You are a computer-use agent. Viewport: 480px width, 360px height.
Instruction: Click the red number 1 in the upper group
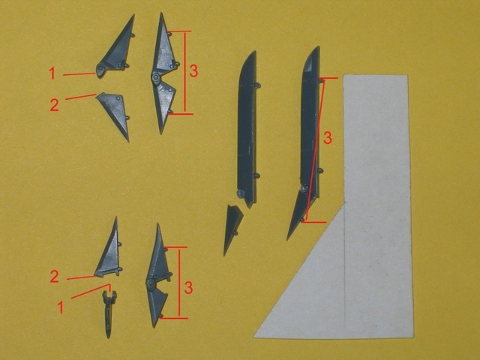point(52,73)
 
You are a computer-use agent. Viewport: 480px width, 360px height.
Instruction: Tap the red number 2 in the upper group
point(54,105)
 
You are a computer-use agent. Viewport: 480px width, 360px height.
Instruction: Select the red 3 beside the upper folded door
point(193,71)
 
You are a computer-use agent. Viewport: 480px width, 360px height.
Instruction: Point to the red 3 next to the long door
point(328,138)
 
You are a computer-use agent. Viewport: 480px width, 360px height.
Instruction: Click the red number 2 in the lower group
point(54,277)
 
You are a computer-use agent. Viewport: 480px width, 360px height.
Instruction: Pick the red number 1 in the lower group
point(61,307)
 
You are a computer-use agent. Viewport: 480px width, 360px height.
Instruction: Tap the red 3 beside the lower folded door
point(188,288)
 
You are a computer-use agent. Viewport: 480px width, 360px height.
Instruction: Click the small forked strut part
point(109,313)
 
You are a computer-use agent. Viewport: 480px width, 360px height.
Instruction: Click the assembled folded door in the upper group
point(163,73)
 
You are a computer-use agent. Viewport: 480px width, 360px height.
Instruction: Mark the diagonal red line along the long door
point(315,150)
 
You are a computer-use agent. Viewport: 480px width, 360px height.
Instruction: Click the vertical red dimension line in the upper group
point(185,73)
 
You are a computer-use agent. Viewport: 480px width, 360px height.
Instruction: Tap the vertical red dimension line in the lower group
point(179,283)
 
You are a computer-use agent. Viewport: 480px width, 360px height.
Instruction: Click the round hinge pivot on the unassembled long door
point(241,193)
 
